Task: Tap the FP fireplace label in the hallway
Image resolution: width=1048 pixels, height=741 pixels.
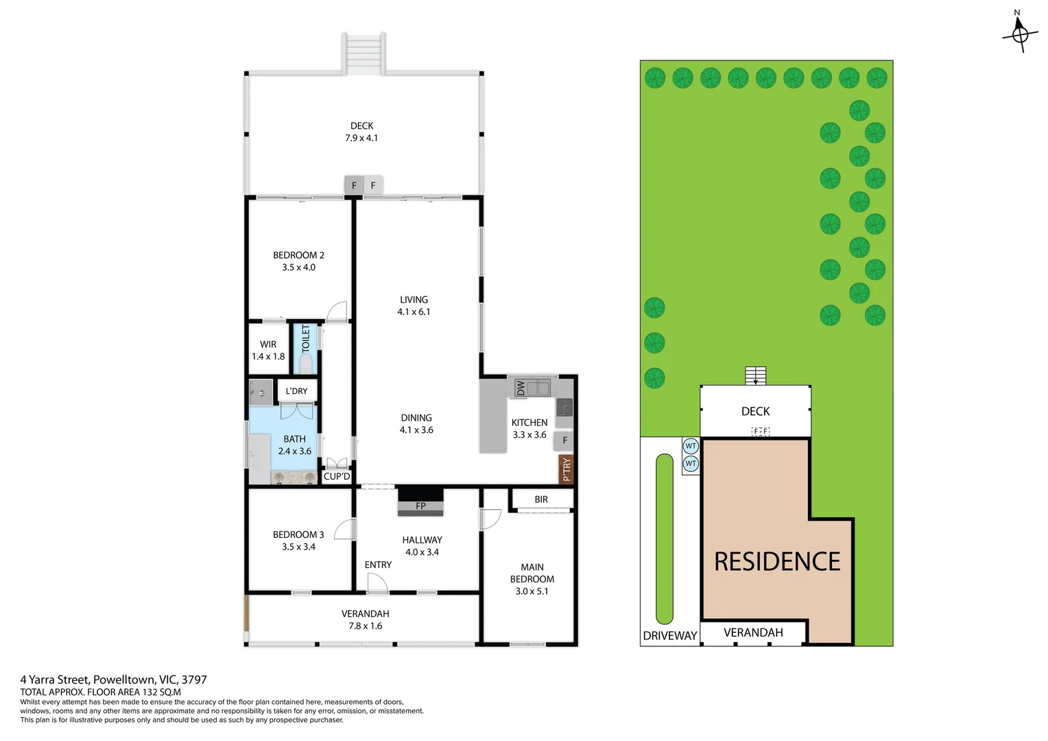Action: [420, 506]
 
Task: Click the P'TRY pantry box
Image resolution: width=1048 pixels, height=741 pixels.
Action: [566, 469]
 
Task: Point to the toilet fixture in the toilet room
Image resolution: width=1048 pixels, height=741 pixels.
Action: [306, 363]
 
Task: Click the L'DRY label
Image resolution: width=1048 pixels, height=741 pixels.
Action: [296, 391]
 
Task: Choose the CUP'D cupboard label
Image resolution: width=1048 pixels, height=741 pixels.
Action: [337, 477]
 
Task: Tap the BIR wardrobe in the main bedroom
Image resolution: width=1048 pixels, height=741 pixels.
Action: [541, 499]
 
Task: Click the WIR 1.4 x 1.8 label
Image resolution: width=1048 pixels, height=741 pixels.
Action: [268, 350]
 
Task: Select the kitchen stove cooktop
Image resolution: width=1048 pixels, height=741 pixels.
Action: [564, 407]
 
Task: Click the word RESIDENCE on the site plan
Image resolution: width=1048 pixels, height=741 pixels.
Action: [777, 562]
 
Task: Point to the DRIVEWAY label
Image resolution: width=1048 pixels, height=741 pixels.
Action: [670, 635]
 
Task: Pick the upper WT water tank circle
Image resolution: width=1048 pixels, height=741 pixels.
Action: [691, 446]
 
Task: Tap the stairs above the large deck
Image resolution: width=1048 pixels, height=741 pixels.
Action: [364, 54]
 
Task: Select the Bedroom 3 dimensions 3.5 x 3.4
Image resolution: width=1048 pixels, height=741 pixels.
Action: [298, 547]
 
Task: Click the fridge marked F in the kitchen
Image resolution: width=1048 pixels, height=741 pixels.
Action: [564, 440]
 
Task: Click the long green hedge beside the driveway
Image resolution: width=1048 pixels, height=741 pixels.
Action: [665, 539]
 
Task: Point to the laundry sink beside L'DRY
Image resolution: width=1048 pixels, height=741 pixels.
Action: [261, 392]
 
